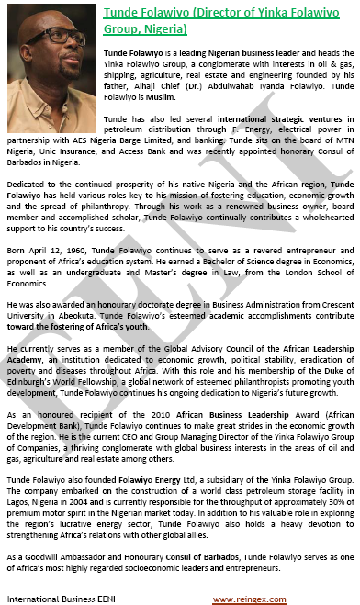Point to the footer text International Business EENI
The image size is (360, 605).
[55, 599]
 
